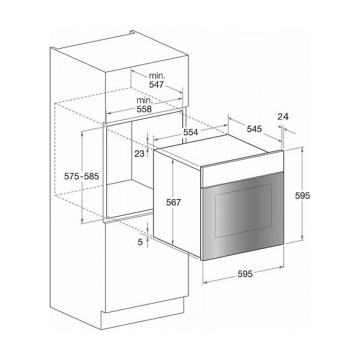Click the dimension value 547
[157, 85]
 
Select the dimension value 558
[144, 109]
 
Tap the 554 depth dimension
[191, 132]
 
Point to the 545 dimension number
[254, 129]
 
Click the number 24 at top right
[283, 117]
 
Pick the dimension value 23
[139, 154]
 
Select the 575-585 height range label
[82, 176]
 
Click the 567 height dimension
[173, 202]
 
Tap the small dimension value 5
[140, 242]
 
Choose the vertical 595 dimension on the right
[302, 196]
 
